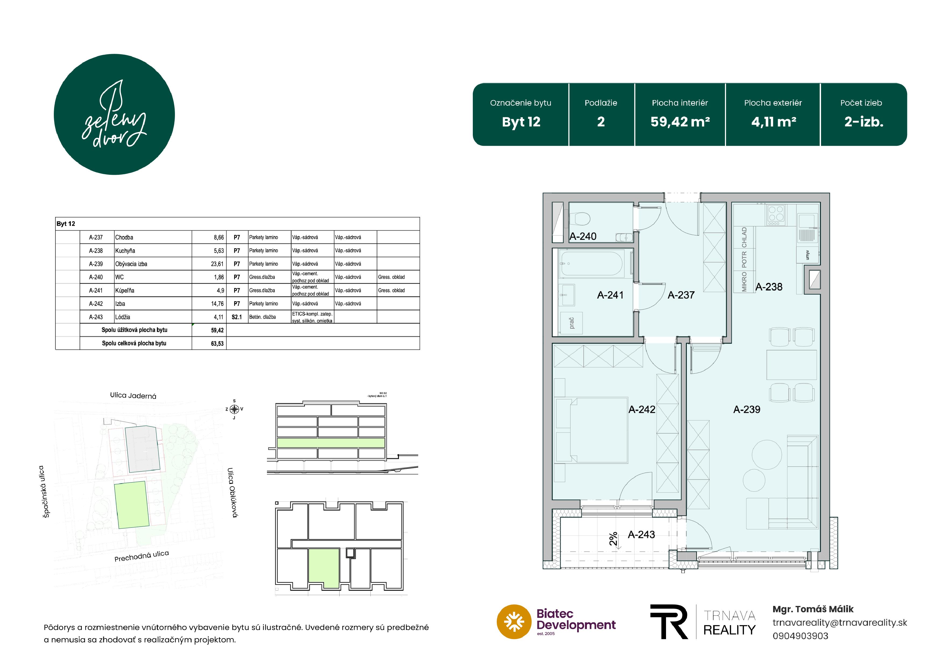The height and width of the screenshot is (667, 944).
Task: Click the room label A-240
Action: (x=583, y=236)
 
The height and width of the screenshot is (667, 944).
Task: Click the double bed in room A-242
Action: (x=591, y=430)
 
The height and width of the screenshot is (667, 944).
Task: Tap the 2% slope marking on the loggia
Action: (x=613, y=539)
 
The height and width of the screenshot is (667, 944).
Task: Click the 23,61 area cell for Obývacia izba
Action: (x=217, y=264)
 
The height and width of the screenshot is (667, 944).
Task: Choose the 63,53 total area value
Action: (x=217, y=343)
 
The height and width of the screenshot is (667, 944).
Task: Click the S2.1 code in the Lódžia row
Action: (x=237, y=317)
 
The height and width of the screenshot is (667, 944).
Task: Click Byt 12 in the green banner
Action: (x=521, y=122)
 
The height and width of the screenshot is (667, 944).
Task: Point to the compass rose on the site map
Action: (x=234, y=409)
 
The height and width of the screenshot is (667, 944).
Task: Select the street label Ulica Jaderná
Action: (x=133, y=395)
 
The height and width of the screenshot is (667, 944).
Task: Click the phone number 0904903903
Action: (x=800, y=636)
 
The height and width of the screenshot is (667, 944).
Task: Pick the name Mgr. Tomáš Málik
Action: (x=813, y=609)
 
